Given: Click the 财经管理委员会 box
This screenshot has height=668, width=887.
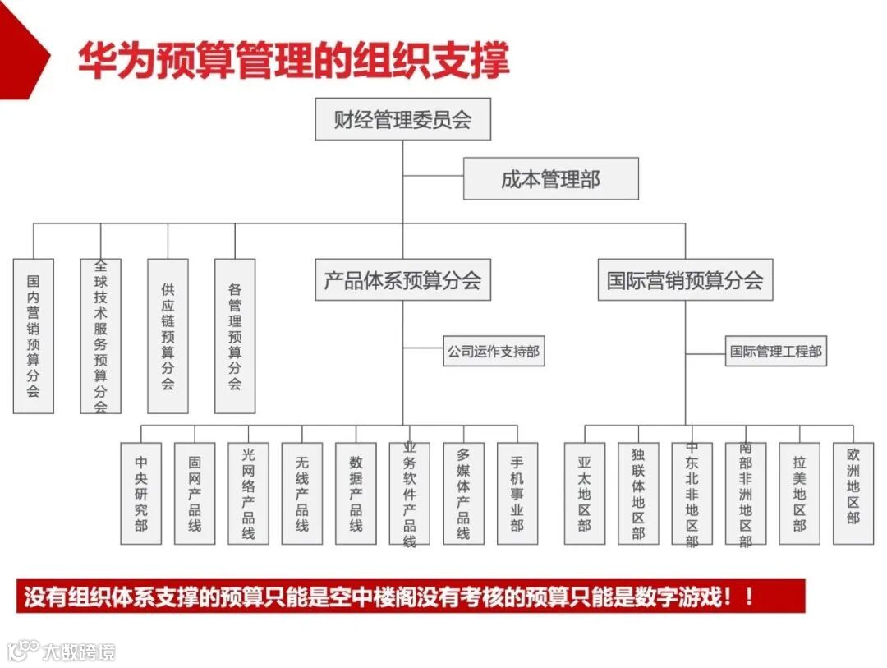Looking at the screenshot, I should (402, 120).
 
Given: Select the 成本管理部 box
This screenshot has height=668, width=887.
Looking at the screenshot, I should (550, 179).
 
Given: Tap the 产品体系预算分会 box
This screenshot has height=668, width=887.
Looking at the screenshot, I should (402, 280).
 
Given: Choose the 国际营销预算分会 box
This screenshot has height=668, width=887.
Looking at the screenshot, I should (685, 280).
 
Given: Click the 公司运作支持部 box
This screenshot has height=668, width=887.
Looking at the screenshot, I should (494, 352).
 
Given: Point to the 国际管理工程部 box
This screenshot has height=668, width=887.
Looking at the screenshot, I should (775, 352).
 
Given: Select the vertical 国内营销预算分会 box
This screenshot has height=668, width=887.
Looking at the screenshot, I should (34, 336).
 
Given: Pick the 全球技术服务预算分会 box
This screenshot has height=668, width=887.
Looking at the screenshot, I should (101, 336).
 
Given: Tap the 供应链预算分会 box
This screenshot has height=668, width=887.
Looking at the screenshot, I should (168, 336).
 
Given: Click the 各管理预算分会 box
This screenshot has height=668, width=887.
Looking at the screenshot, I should (235, 336).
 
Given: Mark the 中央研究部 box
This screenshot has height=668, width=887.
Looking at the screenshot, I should (141, 493).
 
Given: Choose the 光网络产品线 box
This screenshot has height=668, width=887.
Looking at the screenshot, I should (248, 493).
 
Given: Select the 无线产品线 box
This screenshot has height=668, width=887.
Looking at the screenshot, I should (301, 493).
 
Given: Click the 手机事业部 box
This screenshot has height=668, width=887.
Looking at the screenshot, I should (517, 493).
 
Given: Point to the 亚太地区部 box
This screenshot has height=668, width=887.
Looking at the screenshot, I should (584, 493).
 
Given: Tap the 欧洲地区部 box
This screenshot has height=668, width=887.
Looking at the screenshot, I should (853, 493).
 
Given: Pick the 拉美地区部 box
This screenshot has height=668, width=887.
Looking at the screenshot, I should (799, 493).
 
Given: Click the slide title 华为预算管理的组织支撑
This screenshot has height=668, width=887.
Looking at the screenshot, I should (293, 59).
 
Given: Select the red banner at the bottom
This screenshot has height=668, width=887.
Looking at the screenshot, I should (411, 597).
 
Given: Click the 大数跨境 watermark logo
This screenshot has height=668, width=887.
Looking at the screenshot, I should (62, 652).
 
